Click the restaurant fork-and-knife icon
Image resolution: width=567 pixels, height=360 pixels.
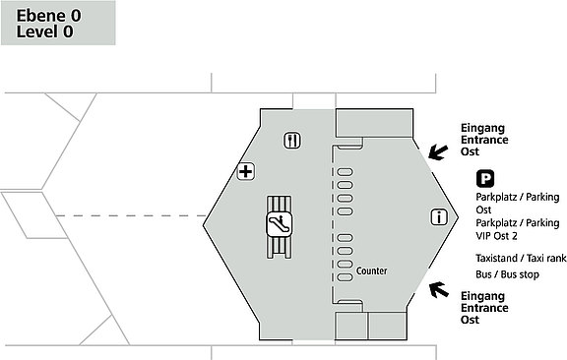291,141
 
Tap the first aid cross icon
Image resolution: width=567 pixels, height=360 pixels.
246,171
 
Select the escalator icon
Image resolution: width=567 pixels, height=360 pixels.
279,223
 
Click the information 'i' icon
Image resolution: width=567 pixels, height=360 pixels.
439,217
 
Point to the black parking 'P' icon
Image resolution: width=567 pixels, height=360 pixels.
485,179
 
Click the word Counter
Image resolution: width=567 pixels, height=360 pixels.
371,270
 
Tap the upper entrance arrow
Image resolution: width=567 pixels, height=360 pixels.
438,152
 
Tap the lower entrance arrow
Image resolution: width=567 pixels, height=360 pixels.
439,290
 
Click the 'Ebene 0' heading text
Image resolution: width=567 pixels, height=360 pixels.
49,16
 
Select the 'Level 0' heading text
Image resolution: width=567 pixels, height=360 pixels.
44,31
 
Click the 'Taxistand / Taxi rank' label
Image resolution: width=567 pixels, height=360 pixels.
521,258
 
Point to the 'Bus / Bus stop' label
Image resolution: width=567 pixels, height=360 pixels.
507,274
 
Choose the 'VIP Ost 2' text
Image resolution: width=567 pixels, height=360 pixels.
496,236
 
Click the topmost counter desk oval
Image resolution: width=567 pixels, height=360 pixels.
345,172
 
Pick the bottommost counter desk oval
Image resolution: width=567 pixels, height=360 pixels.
345,277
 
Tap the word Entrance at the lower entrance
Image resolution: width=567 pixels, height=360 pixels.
484,308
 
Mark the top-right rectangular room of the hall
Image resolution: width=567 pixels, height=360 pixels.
374,123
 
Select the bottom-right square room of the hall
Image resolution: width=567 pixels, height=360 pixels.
387,326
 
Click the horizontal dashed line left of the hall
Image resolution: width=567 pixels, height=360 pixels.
131,216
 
